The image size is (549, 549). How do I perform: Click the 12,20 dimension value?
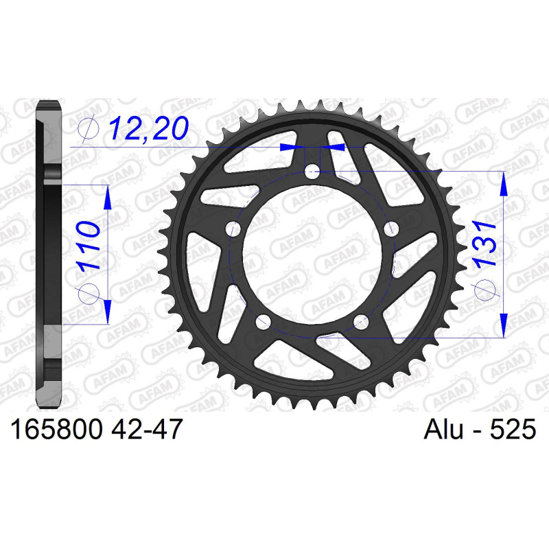coord(149,128)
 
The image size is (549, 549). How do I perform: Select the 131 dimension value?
coord(484,243)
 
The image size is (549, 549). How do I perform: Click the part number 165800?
coord(57,429)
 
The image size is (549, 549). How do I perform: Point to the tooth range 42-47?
coord(147,429)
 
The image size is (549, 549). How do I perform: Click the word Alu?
coord(443,429)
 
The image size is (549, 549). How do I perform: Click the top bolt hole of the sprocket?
coord(312,171)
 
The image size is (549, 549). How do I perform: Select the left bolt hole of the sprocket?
coord(233,230)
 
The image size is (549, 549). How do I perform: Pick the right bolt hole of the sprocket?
coord(391,230)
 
